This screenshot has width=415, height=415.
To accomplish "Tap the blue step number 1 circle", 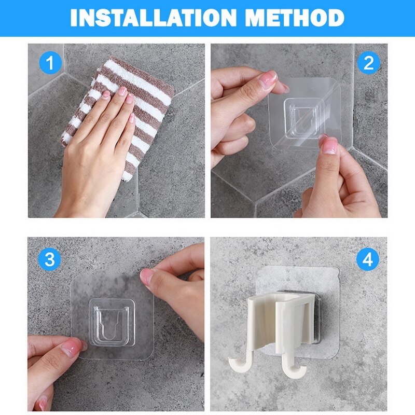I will click(50, 63).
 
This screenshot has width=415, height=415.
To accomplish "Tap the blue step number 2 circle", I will click(368, 63).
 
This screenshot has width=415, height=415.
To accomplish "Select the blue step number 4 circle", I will click(368, 259).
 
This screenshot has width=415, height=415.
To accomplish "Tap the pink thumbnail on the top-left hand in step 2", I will click(268, 78).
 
